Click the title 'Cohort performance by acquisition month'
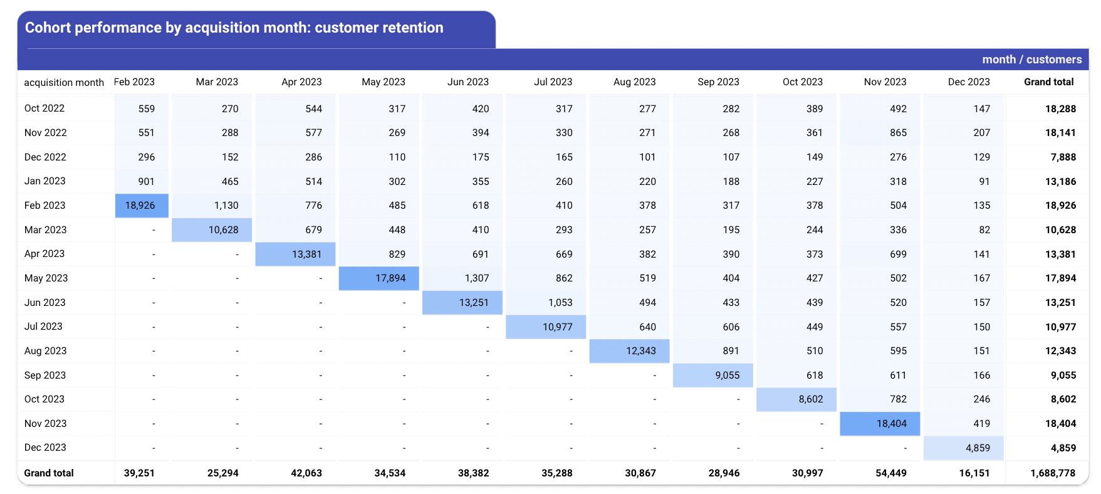pyautogui.click(x=165, y=28)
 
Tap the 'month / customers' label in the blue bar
pyautogui.click(x=1032, y=60)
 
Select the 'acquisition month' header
pyautogui.click(x=64, y=82)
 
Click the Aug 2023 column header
pyautogui.click(x=634, y=82)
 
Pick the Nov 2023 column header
pyautogui.click(x=885, y=82)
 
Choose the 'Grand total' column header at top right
pyautogui.click(x=1049, y=82)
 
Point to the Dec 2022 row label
pyautogui.click(x=45, y=157)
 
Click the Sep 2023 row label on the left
pyautogui.click(x=45, y=375)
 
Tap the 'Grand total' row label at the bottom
pyautogui.click(x=49, y=473)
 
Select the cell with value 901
pyautogui.click(x=146, y=181)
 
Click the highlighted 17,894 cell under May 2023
pyautogui.click(x=390, y=278)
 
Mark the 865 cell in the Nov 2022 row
pyautogui.click(x=898, y=133)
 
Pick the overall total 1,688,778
pyautogui.click(x=1053, y=473)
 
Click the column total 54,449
pyautogui.click(x=891, y=473)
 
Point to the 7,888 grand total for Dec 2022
pyautogui.click(x=1063, y=157)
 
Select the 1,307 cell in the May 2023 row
pyautogui.click(x=477, y=278)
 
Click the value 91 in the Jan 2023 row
pyautogui.click(x=984, y=181)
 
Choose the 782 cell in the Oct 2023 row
pyautogui.click(x=898, y=399)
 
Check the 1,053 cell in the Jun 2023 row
pyautogui.click(x=560, y=302)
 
